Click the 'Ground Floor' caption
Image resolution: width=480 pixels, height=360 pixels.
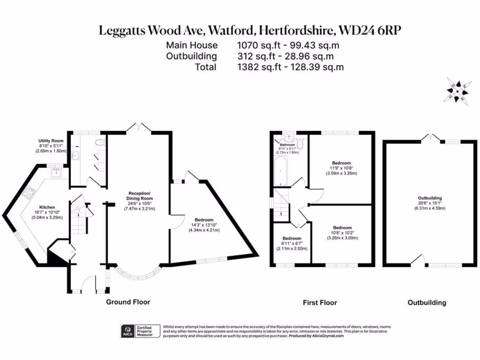pos(128,302)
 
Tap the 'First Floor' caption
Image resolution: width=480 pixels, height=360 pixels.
pos(320,303)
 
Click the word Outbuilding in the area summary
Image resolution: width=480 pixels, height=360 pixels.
pos(191,56)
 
